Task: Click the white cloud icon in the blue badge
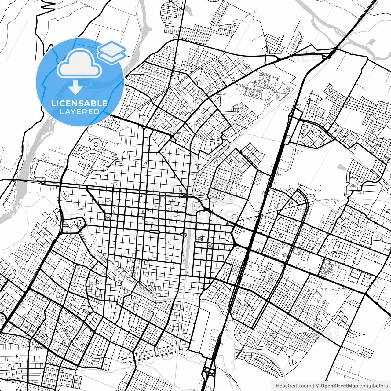[79, 64]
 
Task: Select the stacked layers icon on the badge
[112, 52]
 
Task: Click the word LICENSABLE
[79, 103]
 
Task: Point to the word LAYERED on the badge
[79, 112]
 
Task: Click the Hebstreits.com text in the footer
[293, 386]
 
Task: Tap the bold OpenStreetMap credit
[339, 386]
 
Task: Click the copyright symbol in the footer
[317, 386]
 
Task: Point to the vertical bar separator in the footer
[313, 386]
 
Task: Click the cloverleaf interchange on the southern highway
[210, 371]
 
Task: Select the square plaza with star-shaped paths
[107, 217]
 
